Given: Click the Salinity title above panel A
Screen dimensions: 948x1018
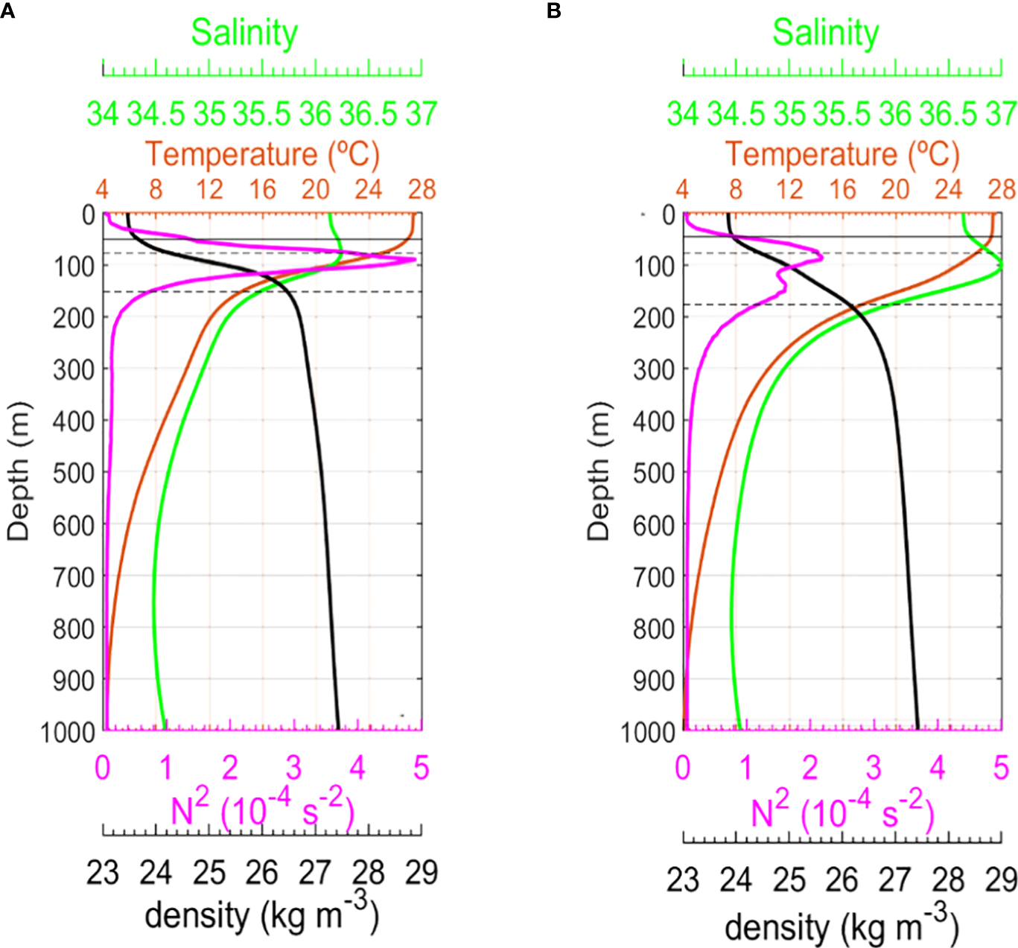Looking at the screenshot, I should point(244,33).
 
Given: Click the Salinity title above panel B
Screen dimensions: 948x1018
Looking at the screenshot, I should point(825,33).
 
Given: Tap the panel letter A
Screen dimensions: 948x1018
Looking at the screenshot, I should point(7,11).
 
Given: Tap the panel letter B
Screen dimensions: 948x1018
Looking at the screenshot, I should point(553,11).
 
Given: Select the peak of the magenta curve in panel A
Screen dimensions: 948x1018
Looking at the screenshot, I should point(414,260).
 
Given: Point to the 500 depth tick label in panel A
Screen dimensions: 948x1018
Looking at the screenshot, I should point(74,473).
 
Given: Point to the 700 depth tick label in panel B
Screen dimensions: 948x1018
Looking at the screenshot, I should point(654,577).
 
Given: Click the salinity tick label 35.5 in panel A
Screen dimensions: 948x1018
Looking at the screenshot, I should point(261,114).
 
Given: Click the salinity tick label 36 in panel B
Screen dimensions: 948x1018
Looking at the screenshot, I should point(895,114).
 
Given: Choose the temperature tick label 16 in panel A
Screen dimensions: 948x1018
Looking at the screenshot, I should point(262,190).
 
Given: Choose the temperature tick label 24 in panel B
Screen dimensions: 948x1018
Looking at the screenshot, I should point(949,190).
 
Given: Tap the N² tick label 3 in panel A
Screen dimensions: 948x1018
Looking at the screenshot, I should point(293,768).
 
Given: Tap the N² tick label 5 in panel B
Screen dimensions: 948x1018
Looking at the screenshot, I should point(1001,768).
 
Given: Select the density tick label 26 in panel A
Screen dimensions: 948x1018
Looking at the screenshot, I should point(261,873).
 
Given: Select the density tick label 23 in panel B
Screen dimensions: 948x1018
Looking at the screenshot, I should point(683,880).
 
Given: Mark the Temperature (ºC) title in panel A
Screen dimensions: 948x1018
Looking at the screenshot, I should point(262,154).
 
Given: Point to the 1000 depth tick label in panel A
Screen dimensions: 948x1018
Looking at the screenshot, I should point(68,732).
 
